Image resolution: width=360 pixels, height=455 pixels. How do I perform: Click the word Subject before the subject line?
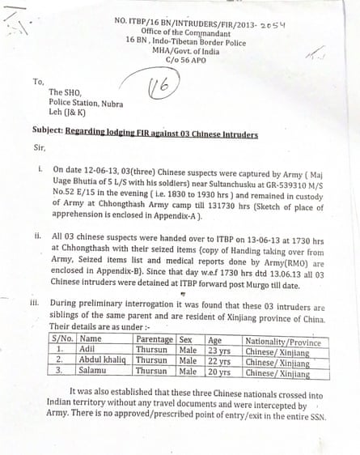(x=47, y=134)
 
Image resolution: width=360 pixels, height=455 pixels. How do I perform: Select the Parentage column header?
(x=153, y=339)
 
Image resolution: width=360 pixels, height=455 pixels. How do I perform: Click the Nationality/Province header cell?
(x=278, y=340)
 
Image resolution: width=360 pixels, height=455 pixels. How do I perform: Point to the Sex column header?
(x=185, y=339)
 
